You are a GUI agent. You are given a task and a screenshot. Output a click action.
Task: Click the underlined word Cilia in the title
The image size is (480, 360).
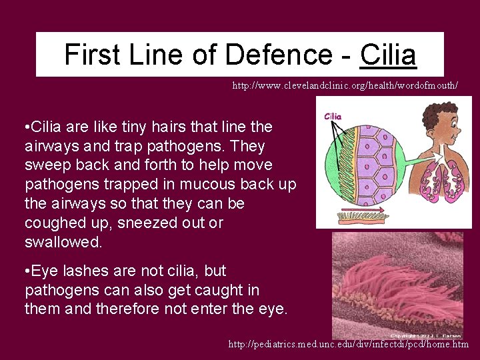click(x=388, y=55)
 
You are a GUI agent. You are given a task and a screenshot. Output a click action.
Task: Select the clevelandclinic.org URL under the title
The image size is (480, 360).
click(x=345, y=86)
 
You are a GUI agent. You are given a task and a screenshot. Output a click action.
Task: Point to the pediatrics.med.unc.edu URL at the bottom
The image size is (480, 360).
click(x=348, y=345)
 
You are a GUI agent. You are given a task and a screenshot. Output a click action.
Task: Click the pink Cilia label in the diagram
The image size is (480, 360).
click(x=333, y=116)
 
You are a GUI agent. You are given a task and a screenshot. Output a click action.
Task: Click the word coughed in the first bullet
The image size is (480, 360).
click(x=55, y=223)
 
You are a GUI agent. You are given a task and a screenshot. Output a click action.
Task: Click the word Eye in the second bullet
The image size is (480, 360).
click(x=45, y=271)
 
